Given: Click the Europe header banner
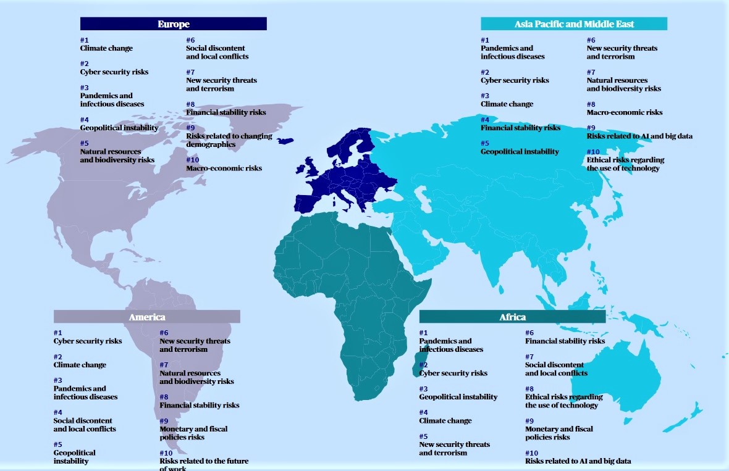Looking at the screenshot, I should pos(173,24).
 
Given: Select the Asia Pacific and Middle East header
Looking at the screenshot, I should pos(574,24).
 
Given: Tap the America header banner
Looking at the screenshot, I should pos(146,317).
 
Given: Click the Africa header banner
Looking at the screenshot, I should pos(512,317).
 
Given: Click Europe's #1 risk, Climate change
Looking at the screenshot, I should pos(106,48).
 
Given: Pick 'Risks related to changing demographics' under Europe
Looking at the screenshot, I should pos(229,140).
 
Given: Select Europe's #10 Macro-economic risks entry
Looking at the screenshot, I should pos(224,168).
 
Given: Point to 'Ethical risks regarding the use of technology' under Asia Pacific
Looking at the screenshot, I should pos(625,164).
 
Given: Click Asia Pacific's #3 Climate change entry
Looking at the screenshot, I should pos(507,104).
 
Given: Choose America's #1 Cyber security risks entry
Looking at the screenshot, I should pos(88,341).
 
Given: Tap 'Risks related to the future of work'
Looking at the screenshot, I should pos(203,464).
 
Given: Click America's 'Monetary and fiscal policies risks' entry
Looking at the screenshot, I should pos(193,433).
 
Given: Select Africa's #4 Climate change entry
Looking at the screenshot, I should pos(445,421).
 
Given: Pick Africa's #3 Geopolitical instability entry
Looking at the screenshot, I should pos(458,397).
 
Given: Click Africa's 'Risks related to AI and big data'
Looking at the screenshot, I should pos(578,461).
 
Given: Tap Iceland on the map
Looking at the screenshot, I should pos(286,140).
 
